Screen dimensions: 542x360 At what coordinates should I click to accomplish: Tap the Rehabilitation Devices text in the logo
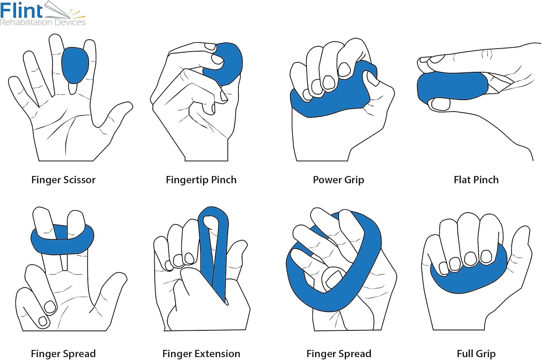pyautogui.click(x=43, y=22)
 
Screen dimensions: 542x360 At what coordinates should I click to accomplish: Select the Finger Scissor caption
pyautogui.click(x=63, y=180)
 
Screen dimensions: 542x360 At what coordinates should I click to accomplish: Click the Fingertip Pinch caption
pyautogui.click(x=201, y=180)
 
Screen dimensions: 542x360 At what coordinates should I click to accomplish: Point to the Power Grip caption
pyautogui.click(x=338, y=180)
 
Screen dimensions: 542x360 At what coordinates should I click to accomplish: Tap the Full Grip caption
pyautogui.click(x=476, y=354)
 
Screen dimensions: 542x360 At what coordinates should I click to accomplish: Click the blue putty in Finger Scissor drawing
pyautogui.click(x=75, y=65)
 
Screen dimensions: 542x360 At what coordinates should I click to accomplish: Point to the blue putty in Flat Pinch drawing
pyautogui.click(x=452, y=87)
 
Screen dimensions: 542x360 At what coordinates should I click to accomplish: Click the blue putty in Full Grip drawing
pyautogui.click(x=470, y=278)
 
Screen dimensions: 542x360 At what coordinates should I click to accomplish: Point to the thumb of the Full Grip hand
pyautogui.click(x=520, y=249)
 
